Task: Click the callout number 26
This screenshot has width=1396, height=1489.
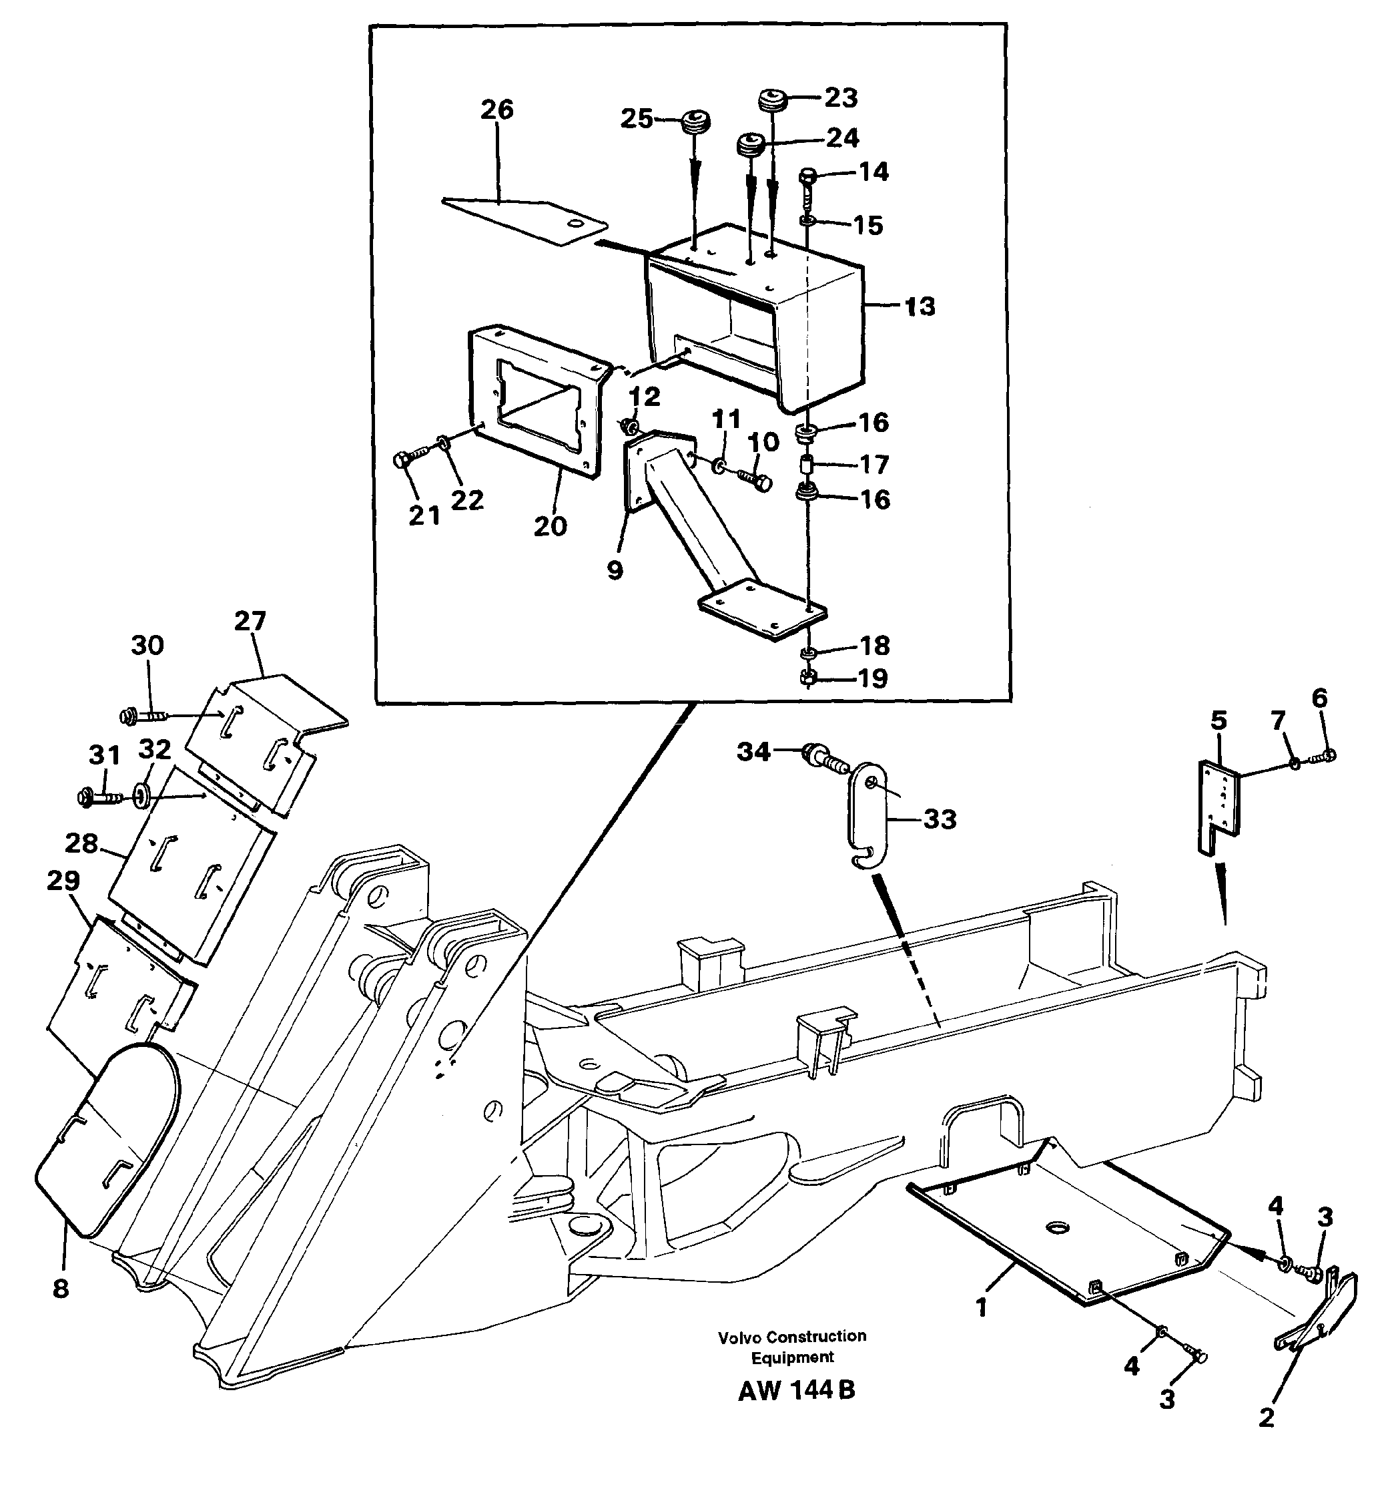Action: coord(497,110)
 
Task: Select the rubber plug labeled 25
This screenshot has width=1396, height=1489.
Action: coord(695,122)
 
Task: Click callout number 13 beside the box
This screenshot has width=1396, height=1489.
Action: coord(919,306)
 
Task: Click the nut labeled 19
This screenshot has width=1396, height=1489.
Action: coord(807,677)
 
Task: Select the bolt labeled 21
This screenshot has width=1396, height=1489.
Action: coord(405,461)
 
